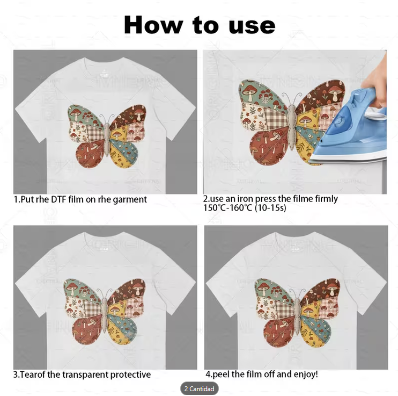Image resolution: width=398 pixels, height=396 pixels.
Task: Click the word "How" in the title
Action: [x=153, y=25]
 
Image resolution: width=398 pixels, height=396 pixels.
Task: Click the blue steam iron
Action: [x=350, y=127]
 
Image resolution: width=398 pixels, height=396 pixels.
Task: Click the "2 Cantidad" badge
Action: [x=199, y=388]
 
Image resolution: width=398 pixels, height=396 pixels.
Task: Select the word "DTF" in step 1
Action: [x=58, y=199]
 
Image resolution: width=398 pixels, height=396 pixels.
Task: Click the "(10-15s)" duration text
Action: [x=270, y=208]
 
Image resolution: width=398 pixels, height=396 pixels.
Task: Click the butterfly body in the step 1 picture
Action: [x=107, y=139]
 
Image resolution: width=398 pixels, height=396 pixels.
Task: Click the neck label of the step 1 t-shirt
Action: [x=104, y=73]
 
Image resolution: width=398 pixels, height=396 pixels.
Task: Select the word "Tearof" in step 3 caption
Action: [x=30, y=375]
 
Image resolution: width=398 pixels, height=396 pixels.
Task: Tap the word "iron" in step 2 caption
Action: [x=245, y=199]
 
